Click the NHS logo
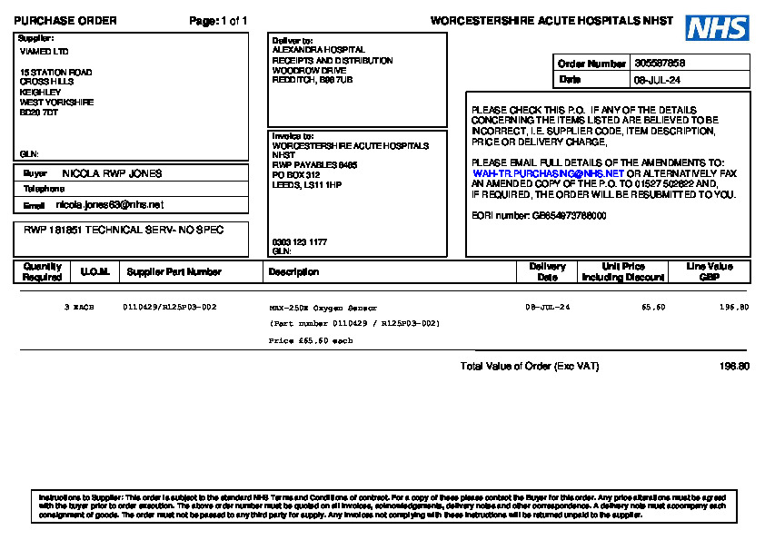click(717, 27)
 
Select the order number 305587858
click(661, 64)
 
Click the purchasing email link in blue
click(548, 172)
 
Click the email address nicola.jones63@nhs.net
click(110, 205)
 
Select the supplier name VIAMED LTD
click(44, 52)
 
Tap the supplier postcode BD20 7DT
click(39, 113)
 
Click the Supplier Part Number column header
click(174, 271)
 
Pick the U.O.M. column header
click(95, 271)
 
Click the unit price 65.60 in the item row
click(653, 308)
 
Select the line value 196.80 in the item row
click(734, 308)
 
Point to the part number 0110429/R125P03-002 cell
click(170, 308)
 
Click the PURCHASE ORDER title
click(65, 21)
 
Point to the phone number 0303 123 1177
click(299, 242)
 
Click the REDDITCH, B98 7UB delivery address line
click(313, 80)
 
